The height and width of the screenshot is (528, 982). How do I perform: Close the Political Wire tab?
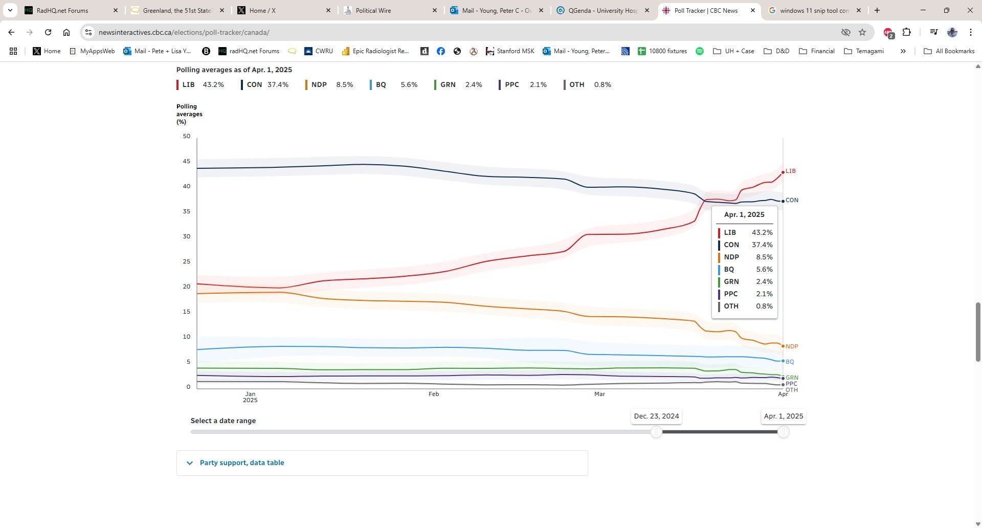click(x=435, y=10)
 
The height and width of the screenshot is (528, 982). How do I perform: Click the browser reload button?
click(x=48, y=32)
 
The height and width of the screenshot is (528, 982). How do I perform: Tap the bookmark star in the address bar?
click(x=862, y=32)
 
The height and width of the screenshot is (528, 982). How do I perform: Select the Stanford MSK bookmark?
click(x=510, y=51)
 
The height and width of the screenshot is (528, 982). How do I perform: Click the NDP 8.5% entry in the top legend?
click(x=329, y=85)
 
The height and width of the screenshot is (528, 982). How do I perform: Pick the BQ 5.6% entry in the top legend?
click(x=393, y=85)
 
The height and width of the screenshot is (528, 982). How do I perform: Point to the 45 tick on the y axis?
click(x=186, y=162)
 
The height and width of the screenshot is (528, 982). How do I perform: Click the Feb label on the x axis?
click(x=434, y=394)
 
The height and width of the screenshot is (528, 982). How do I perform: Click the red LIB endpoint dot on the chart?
click(x=783, y=172)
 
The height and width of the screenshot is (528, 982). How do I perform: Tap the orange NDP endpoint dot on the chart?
click(x=783, y=346)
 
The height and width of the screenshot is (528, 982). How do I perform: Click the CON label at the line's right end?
click(x=792, y=201)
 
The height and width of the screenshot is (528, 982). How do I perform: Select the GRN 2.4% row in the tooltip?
click(x=745, y=282)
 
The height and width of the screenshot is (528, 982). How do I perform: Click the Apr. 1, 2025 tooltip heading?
click(x=744, y=215)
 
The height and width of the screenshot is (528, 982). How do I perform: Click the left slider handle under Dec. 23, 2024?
click(x=656, y=432)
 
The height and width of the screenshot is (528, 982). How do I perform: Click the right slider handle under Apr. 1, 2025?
click(x=783, y=432)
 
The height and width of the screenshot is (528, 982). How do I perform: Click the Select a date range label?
click(x=223, y=421)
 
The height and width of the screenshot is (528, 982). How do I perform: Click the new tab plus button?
click(x=877, y=10)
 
